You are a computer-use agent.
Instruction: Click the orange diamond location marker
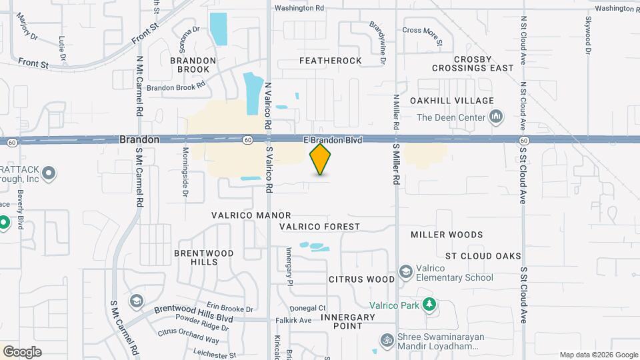point(321,159)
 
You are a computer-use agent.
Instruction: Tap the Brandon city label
point(139,140)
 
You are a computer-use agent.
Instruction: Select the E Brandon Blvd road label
point(333,140)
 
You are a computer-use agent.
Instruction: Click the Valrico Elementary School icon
point(405,271)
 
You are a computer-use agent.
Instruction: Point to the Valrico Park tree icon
point(430,305)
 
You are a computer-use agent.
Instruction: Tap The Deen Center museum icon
point(495,118)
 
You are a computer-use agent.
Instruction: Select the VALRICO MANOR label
point(251,215)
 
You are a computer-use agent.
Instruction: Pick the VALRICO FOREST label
point(319,227)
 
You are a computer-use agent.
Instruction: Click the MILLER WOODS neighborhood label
point(447,235)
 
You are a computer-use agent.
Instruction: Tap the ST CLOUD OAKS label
point(483,256)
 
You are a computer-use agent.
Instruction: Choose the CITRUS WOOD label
point(362,279)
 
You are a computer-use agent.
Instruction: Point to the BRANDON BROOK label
point(193,65)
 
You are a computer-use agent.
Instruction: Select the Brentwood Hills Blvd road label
point(194,309)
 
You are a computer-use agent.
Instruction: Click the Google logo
point(22,352)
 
